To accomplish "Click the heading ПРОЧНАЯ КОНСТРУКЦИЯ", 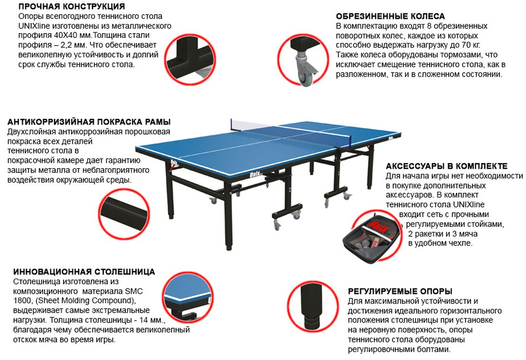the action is (x=72, y=6).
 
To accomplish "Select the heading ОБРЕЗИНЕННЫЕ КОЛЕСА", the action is (x=390, y=16).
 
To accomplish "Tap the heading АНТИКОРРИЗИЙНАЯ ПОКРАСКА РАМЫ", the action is (x=89, y=122).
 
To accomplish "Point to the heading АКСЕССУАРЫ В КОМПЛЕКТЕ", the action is (x=446, y=166).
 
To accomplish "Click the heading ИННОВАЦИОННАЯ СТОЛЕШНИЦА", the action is (x=84, y=271).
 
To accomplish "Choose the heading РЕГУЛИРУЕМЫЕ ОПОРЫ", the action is (x=400, y=291).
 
